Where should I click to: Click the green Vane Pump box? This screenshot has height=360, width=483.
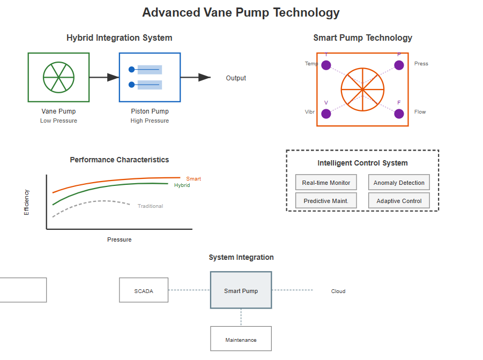pyautogui.click(x=58, y=77)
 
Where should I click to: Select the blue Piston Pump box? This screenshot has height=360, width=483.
pyautogui.click(x=150, y=77)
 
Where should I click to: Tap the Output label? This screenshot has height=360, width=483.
pyautogui.click(x=236, y=78)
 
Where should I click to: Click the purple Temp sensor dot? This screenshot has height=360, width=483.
pyautogui.click(x=326, y=65)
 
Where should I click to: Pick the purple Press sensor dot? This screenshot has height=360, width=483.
pyautogui.click(x=399, y=65)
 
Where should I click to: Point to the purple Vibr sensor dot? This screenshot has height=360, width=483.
pyautogui.click(x=326, y=114)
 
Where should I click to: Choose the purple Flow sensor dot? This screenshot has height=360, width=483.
pyautogui.click(x=399, y=114)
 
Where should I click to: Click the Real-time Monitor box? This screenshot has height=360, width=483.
pyautogui.click(x=326, y=183)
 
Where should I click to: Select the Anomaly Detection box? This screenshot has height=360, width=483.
pyautogui.click(x=399, y=183)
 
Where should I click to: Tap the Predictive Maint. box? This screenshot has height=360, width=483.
pyautogui.click(x=326, y=201)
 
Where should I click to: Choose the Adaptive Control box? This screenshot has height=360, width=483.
pyautogui.click(x=399, y=201)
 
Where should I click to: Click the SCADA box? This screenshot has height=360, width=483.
pyautogui.click(x=144, y=291)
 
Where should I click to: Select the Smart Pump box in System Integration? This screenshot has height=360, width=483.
pyautogui.click(x=241, y=290)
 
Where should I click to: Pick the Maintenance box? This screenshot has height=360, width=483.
pyautogui.click(x=241, y=339)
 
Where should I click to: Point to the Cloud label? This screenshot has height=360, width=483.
pyautogui.click(x=338, y=291)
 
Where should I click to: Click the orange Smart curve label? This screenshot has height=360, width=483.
pyautogui.click(x=194, y=179)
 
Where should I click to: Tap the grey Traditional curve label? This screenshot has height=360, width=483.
pyautogui.click(x=150, y=206)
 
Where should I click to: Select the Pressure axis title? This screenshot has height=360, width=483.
pyautogui.click(x=119, y=239)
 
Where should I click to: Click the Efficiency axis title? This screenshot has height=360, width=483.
pyautogui.click(x=26, y=202)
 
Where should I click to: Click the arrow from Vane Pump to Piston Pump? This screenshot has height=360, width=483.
pyautogui.click(x=104, y=78)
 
